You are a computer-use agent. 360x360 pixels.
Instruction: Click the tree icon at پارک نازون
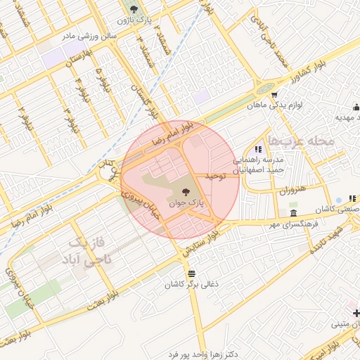pyautogui.click(x=134, y=9)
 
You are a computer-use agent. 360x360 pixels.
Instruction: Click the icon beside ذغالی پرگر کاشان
pyautogui.click(x=191, y=274)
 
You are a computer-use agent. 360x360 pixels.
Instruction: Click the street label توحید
pyautogui.click(x=214, y=176)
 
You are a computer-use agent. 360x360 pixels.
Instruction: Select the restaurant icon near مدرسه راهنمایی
pyautogui.click(x=259, y=149)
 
